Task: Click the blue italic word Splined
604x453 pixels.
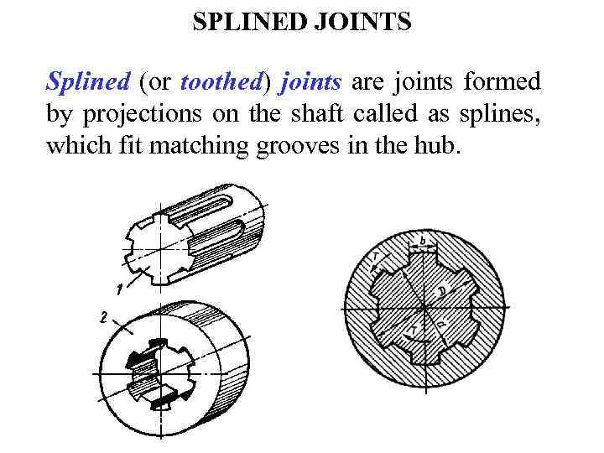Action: pos(88,83)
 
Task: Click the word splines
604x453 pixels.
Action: pos(506,115)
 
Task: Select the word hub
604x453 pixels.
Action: pos(440,147)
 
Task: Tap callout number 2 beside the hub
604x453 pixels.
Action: pos(102,318)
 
